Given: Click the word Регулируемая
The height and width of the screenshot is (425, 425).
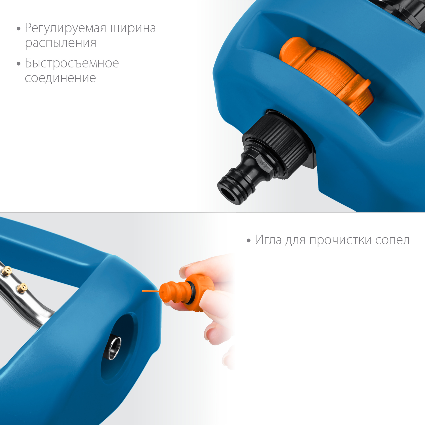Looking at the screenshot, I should click(65, 29).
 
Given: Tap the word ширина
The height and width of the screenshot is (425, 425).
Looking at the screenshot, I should click(133, 29).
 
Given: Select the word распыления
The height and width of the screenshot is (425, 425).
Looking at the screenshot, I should click(61, 43).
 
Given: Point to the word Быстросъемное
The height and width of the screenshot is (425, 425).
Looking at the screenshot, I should click(72, 63).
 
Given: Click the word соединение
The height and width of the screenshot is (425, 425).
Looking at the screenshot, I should click(60, 78).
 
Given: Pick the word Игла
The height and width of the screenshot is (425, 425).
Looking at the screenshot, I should click(268, 240).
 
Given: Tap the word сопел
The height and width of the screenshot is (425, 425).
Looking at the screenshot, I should click(392, 240).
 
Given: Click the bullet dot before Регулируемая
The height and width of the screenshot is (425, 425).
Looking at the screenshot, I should click(19, 29).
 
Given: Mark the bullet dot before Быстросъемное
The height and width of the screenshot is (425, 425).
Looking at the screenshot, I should click(19, 63).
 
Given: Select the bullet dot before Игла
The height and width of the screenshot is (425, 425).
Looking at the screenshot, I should click(248, 241).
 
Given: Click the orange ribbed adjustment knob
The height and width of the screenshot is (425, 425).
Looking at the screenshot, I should click(326, 74).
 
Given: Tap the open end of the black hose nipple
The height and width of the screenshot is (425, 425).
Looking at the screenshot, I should click(228, 194).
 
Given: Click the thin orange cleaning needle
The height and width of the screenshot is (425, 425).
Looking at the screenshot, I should click(150, 291).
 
